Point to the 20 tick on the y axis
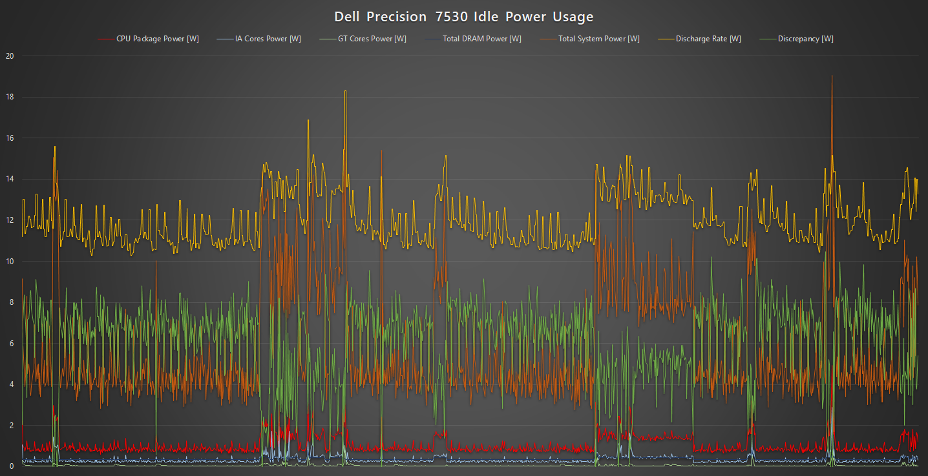pyautogui.click(x=9, y=56)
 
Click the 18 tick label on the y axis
pyautogui.click(x=9, y=98)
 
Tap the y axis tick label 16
pyautogui.click(x=9, y=138)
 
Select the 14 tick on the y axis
pyautogui.click(x=9, y=180)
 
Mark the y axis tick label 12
pyautogui.click(x=9, y=220)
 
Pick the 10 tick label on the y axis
pyautogui.click(x=9, y=262)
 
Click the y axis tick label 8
pyautogui.click(x=11, y=302)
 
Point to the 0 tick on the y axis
pyautogui.click(x=11, y=466)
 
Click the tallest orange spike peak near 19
pyautogui.click(x=832, y=76)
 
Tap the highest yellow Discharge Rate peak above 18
pyautogui.click(x=345, y=91)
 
